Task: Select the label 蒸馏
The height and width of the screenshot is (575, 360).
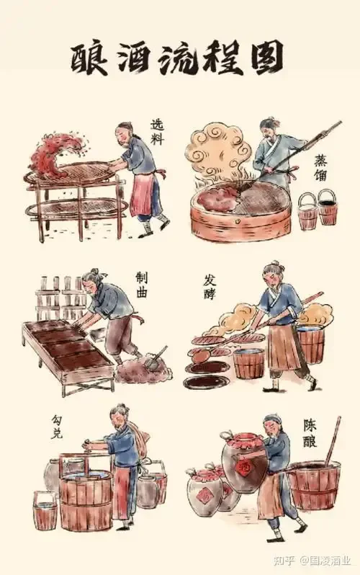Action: [x=321, y=168]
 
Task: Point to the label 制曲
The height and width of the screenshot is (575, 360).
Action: [x=143, y=285]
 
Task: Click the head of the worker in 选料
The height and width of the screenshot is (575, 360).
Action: [x=125, y=132]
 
